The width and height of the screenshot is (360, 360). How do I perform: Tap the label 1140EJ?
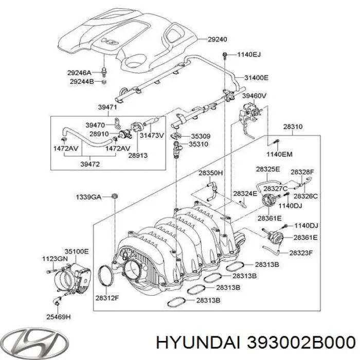[x=249, y=54]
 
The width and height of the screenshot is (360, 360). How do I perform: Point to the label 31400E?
[x=256, y=78]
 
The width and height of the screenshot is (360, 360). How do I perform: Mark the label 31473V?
[x=152, y=135]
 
